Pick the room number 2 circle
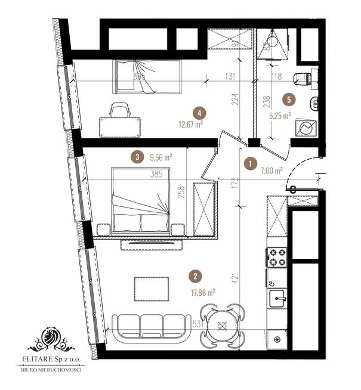pos(195,276)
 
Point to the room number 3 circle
pos(138,157)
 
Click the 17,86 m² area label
pos(202,292)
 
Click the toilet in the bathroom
pos(305,76)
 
